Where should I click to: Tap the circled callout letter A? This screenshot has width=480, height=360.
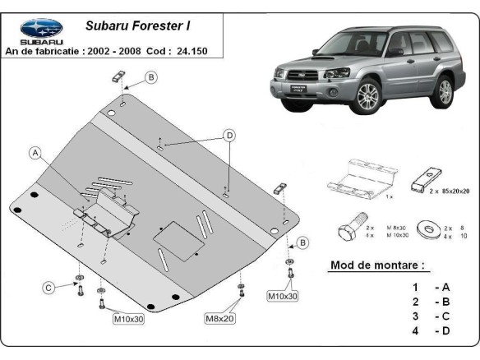click(35, 152)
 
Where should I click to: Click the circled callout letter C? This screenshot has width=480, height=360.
click(48, 286)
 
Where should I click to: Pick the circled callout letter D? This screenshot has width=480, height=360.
click(229, 136)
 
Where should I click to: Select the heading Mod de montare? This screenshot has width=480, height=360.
click(377, 265)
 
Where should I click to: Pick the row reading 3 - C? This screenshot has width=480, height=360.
click(431, 316)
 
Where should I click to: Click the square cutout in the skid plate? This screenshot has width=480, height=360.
click(177, 238)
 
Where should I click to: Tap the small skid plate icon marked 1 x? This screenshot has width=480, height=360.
click(362, 177)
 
